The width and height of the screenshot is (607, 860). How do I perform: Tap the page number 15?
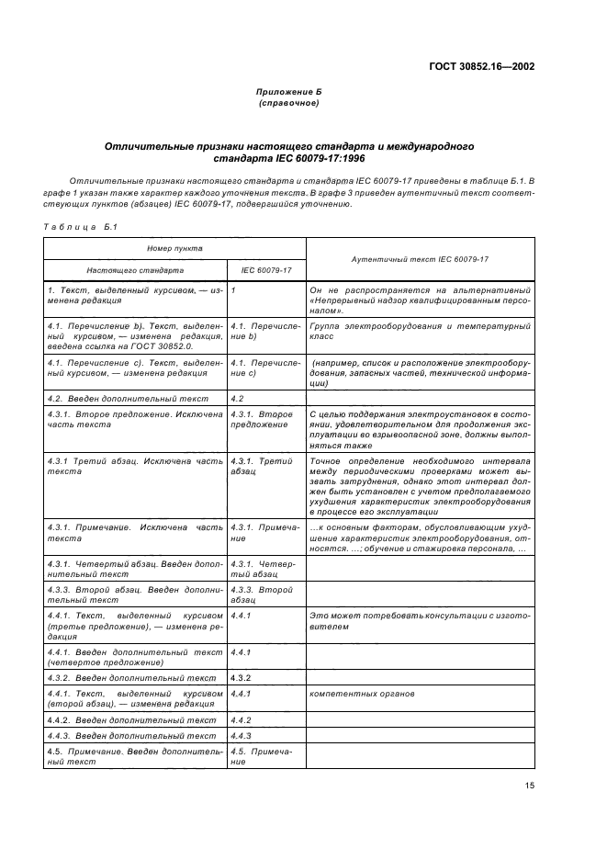tap(530, 785)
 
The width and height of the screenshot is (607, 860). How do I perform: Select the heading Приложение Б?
tap(288, 94)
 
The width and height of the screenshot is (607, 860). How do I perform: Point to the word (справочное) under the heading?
tap(288, 104)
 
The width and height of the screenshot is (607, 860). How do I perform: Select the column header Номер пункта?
tap(174, 248)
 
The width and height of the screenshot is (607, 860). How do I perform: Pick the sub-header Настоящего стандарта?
tap(135, 270)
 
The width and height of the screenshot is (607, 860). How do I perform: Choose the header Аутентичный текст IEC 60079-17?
tap(420, 259)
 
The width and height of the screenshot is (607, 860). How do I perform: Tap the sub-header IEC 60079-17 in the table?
tap(266, 270)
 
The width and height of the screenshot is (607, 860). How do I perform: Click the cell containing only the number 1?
tap(234, 290)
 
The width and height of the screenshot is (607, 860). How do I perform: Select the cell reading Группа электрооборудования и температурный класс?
tap(420, 332)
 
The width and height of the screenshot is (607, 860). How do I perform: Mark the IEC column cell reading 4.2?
tap(239, 399)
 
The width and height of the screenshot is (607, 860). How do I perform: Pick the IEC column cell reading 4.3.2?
tap(241, 677)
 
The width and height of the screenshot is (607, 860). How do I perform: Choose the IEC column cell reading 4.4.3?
tap(241, 735)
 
